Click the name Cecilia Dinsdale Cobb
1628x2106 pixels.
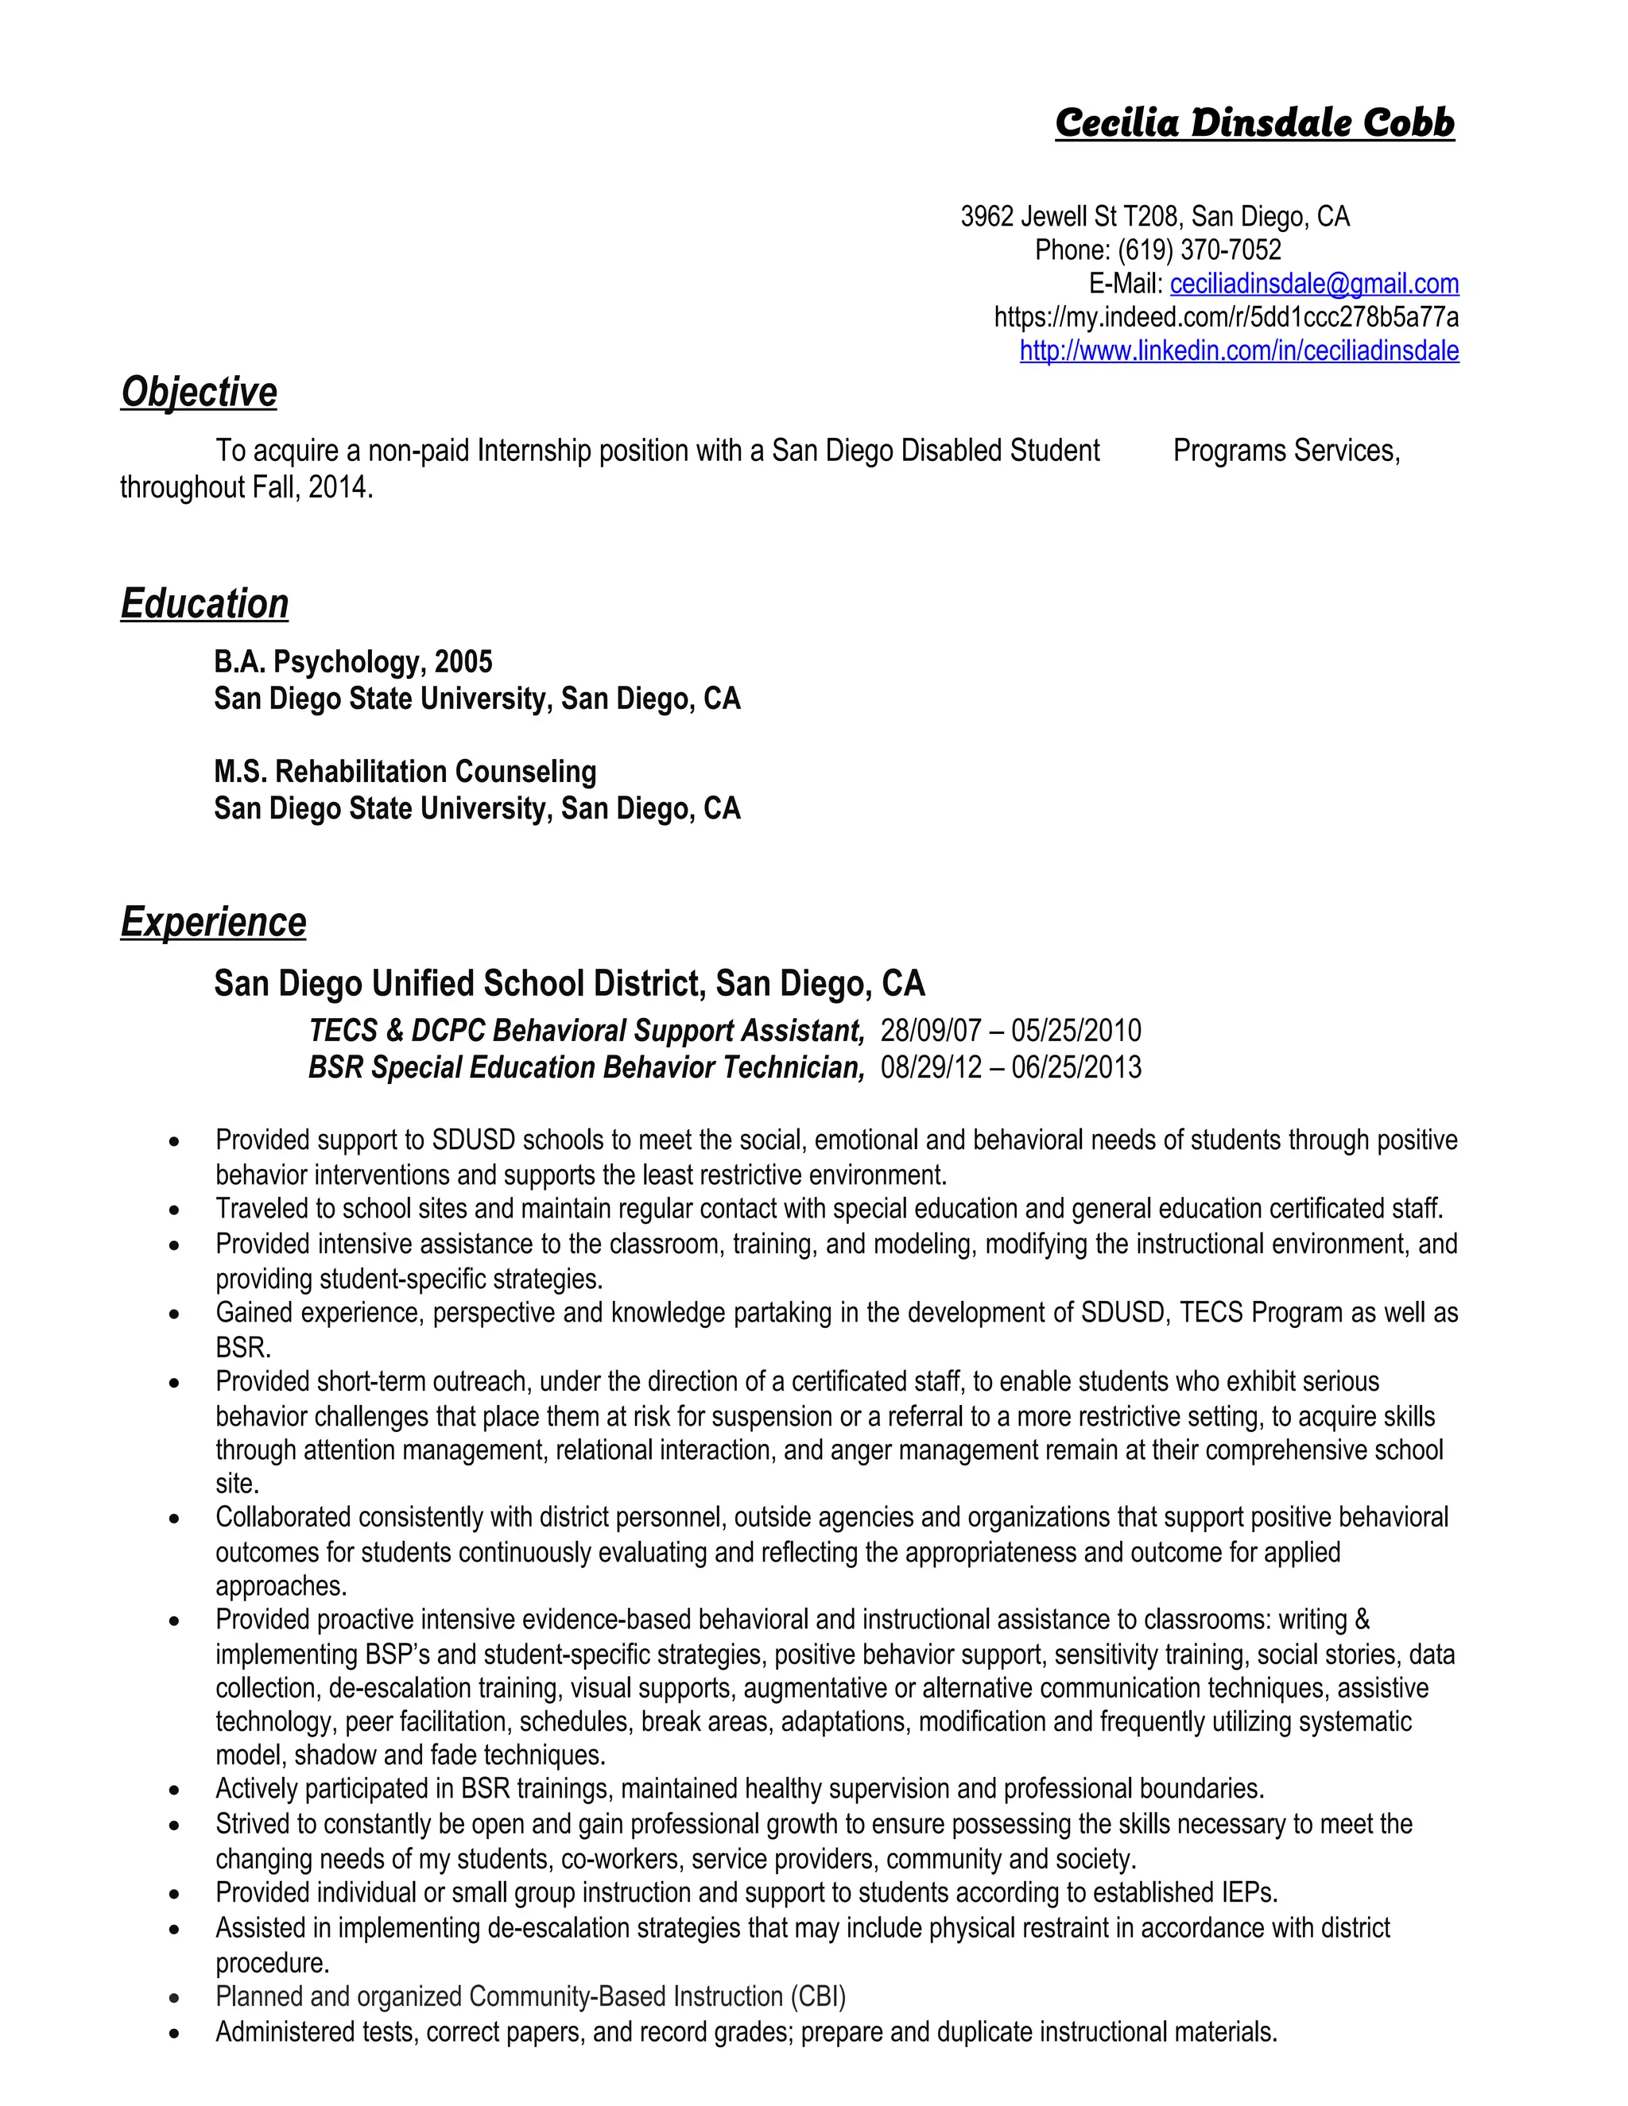click(x=1254, y=123)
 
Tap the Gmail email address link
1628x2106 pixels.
click(x=1313, y=284)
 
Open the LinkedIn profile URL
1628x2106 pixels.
click(x=1239, y=351)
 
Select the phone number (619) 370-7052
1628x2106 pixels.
click(x=1199, y=250)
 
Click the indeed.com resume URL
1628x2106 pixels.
click(x=1226, y=317)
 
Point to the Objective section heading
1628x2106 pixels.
click(x=199, y=393)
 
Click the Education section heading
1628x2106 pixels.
click(x=204, y=604)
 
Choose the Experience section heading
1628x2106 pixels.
click(x=213, y=922)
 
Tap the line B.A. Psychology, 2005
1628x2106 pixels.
click(x=353, y=661)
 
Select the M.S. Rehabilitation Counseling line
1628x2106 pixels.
click(x=405, y=772)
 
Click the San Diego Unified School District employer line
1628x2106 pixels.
click(x=569, y=984)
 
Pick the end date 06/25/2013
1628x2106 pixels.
click(x=1076, y=1067)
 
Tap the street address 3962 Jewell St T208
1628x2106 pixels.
click(x=1068, y=217)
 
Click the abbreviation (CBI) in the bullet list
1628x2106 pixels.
click(x=818, y=1996)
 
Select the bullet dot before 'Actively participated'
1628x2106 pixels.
click(x=173, y=1790)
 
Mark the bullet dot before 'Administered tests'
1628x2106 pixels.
click(x=173, y=2034)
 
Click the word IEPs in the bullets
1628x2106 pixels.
click(x=1248, y=1893)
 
